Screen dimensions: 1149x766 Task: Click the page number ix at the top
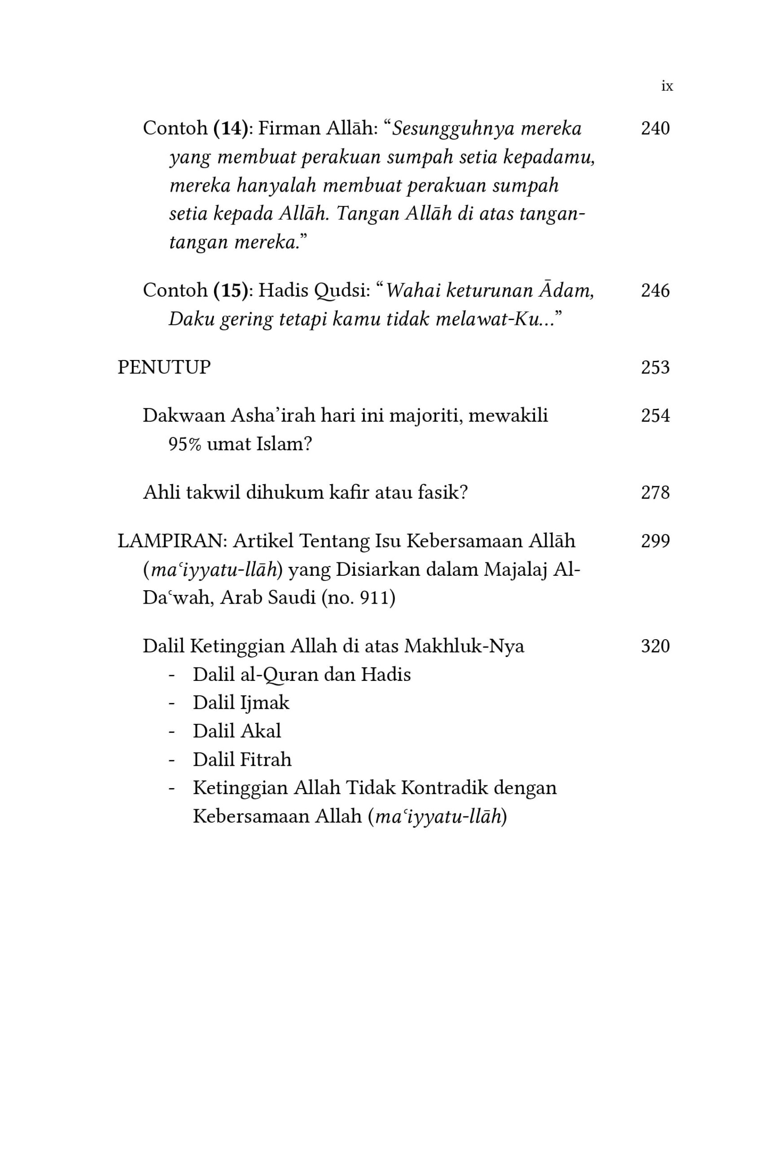point(667,87)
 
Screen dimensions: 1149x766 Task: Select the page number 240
point(655,128)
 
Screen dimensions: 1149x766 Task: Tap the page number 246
point(655,291)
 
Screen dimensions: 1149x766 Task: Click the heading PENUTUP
point(164,368)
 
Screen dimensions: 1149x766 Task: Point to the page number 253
point(655,368)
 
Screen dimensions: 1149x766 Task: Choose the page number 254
point(655,416)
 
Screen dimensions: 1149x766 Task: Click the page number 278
point(655,492)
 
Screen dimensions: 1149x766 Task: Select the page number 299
point(655,541)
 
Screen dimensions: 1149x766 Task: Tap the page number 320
point(655,646)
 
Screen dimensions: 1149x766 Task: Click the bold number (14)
point(231,128)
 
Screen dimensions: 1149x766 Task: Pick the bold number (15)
point(231,291)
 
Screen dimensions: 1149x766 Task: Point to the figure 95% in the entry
point(185,444)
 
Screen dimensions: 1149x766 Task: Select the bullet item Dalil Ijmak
point(241,702)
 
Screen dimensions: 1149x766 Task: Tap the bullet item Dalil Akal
point(237,731)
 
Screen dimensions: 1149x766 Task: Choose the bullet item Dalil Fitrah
point(242,759)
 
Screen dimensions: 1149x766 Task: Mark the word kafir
point(349,492)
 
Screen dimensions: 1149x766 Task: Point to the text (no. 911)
point(358,597)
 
